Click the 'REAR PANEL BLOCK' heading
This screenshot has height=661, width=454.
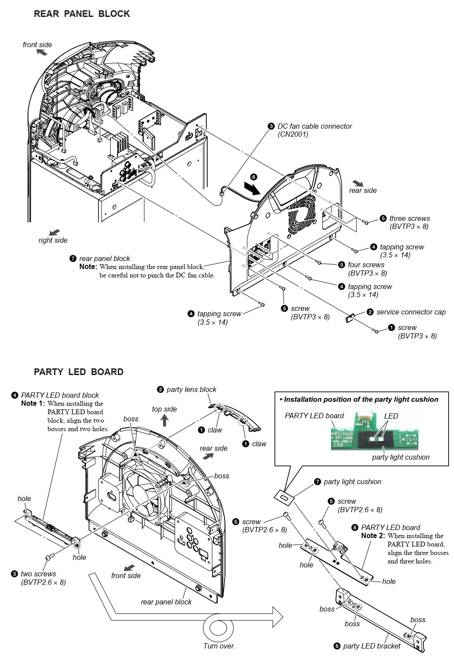pyautogui.click(x=82, y=14)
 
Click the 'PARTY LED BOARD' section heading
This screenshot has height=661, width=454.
pyautogui.click(x=78, y=372)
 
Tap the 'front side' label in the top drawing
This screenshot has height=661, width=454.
pyautogui.click(x=37, y=45)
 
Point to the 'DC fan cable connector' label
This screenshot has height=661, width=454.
pyautogui.click(x=315, y=126)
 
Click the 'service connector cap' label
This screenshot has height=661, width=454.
pyautogui.click(x=410, y=312)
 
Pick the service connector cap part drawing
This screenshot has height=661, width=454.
pyautogui.click(x=350, y=318)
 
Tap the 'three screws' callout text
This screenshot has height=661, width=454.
pyautogui.click(x=409, y=218)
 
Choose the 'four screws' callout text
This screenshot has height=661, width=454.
pyautogui.click(x=366, y=265)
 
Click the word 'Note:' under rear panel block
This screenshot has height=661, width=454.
pyautogui.click(x=88, y=267)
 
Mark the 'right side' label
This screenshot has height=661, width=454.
pyautogui.click(x=53, y=240)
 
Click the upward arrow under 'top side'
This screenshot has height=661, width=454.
pyautogui.click(x=164, y=420)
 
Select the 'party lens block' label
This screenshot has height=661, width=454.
pyautogui.click(x=191, y=389)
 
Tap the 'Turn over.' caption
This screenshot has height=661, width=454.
pyautogui.click(x=219, y=646)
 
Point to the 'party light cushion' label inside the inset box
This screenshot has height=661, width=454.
pyautogui.click(x=401, y=457)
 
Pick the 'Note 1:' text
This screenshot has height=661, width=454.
pyautogui.click(x=33, y=404)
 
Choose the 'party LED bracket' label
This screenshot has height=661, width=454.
pyautogui.click(x=371, y=646)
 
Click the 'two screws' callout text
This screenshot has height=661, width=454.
pyautogui.click(x=38, y=574)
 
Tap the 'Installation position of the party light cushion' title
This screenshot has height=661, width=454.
pyautogui.click(x=361, y=400)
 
